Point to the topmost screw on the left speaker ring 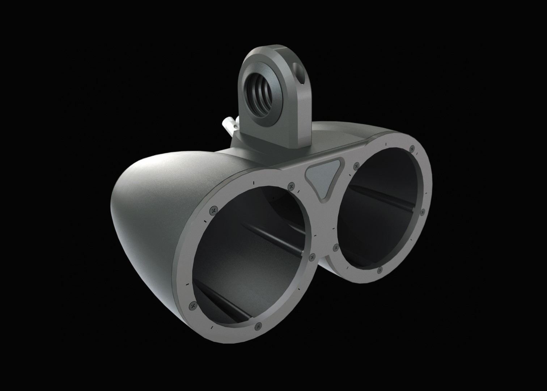(x=291, y=186)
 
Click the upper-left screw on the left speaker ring (x=214, y=210)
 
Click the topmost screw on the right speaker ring (x=412, y=148)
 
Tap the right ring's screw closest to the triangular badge (x=356, y=166)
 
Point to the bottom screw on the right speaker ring (x=379, y=270)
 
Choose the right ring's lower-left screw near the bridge (x=336, y=248)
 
